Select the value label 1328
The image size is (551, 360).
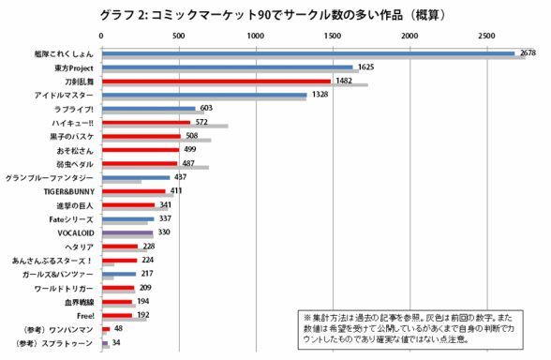321,95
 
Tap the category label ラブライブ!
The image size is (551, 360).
78,109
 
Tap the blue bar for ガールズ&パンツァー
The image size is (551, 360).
118,273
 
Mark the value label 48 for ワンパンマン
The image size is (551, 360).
118,330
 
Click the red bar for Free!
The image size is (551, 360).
116,314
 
